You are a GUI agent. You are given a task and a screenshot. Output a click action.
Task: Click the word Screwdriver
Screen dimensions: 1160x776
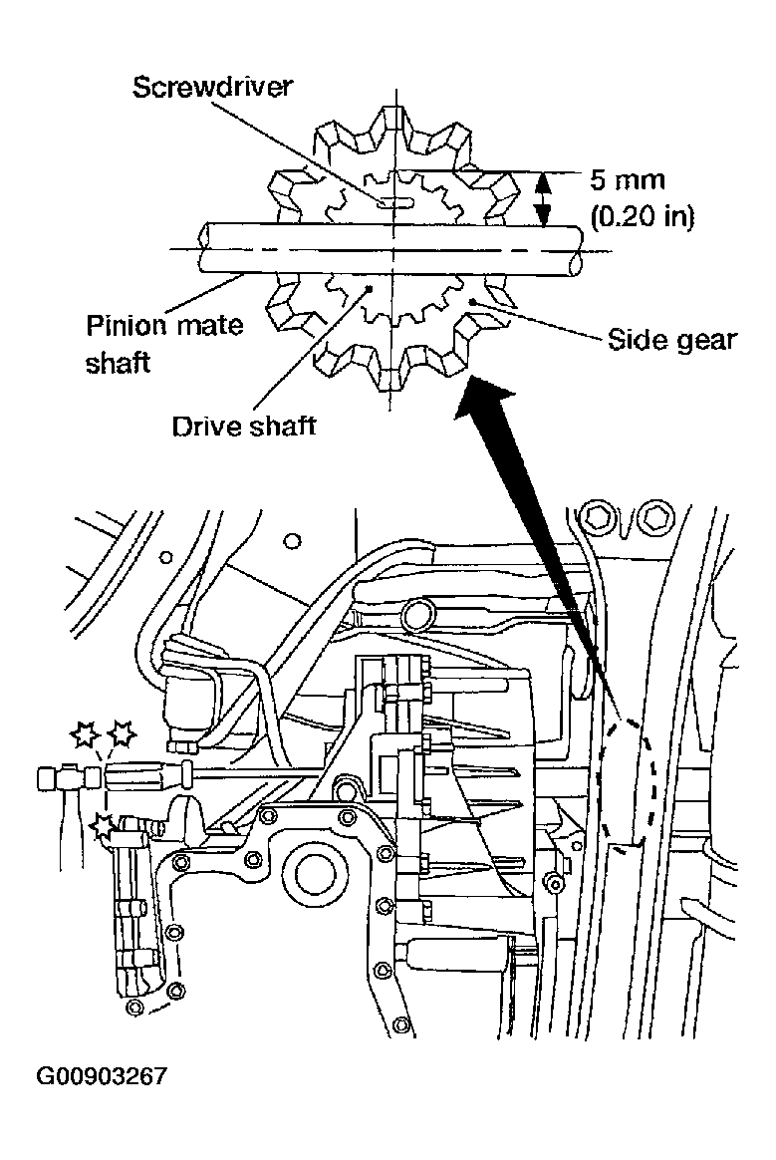point(212,86)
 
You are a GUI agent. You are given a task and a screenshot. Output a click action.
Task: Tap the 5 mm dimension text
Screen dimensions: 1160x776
point(627,180)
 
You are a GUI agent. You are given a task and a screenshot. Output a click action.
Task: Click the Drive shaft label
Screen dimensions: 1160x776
point(244,427)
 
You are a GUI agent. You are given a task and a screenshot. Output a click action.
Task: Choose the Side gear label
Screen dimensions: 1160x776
point(671,340)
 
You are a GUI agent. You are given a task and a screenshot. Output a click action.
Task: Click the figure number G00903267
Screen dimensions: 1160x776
point(102,1077)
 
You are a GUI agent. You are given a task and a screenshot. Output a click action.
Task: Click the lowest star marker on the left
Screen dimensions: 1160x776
point(102,825)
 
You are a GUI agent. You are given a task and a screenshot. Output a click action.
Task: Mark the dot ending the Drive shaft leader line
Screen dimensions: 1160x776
point(371,288)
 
